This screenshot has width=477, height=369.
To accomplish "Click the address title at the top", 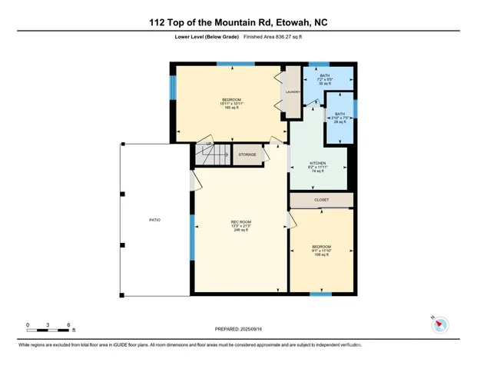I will coord(237,23).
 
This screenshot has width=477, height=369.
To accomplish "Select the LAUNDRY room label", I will coord(292,92).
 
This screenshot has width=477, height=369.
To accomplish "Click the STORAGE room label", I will coord(247,155).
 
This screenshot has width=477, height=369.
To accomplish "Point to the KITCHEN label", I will coord(319,164).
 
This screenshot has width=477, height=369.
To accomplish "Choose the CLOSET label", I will coord(321,200).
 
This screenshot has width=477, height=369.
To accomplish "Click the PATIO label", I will coord(154,221).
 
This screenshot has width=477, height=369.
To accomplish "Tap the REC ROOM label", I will coord(240,224).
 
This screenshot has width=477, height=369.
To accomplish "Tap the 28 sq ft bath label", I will coord(340,118).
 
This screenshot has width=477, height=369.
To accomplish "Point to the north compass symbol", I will coord(439,325).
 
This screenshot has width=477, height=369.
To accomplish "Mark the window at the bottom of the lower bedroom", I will coord(320,294).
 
